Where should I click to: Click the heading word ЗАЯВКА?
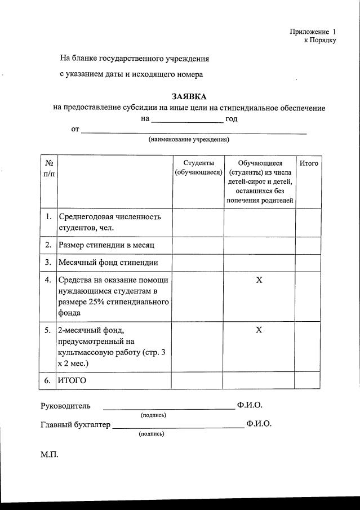[189, 96]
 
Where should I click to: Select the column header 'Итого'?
[309, 163]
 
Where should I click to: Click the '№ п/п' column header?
[49, 168]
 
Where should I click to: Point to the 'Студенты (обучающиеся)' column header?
[198, 167]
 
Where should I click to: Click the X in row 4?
[259, 280]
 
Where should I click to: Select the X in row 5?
[259, 330]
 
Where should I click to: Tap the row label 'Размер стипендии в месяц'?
[106, 245]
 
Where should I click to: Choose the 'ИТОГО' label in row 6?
[72, 380]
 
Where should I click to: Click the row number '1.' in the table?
[49, 216]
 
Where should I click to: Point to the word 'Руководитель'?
[65, 406]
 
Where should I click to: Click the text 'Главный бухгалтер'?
[75, 424]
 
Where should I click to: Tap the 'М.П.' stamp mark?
[49, 454]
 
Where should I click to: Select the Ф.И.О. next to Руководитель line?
[250, 405]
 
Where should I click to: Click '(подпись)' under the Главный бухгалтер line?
[152, 434]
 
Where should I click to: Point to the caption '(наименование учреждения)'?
[189, 139]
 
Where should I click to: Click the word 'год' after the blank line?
[231, 119]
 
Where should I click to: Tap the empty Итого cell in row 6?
[308, 380]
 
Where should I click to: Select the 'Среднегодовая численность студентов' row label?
[110, 222]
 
